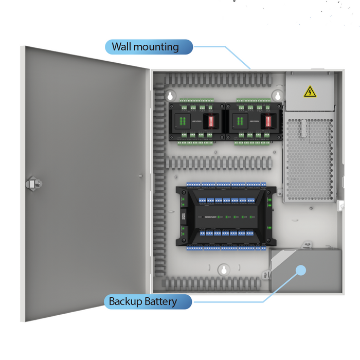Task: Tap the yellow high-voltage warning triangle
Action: [x=310, y=92]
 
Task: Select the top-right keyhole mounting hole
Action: [x=277, y=96]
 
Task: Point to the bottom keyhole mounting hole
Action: [x=223, y=269]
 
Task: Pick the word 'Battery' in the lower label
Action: [x=159, y=302]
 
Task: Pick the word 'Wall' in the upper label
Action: [x=121, y=47]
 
